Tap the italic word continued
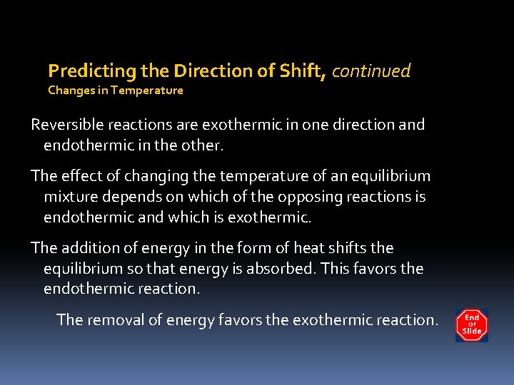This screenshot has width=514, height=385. point(371,71)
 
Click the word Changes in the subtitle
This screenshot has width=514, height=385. point(70,91)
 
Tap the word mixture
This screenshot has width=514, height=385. point(71,197)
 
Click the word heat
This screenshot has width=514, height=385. point(313,248)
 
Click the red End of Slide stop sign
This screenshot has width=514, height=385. point(472,325)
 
